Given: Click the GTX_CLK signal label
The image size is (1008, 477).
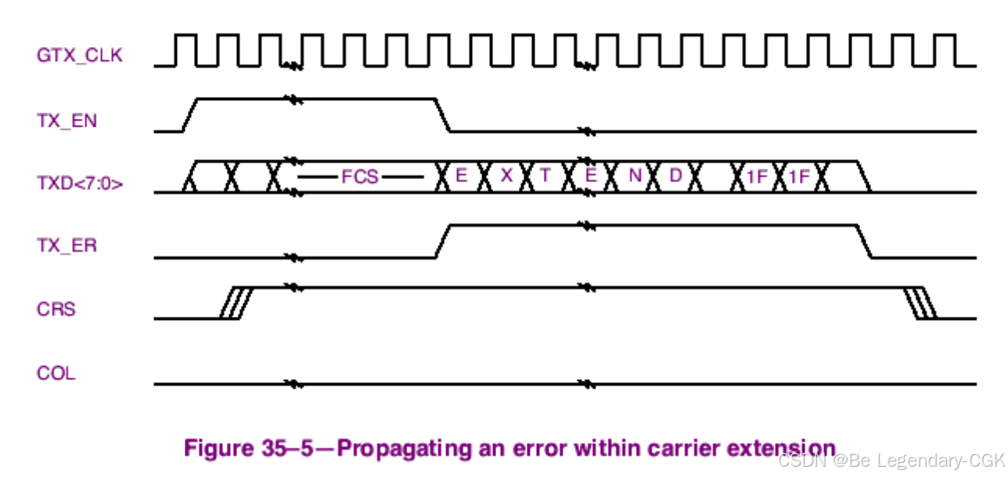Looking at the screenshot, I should (79, 56).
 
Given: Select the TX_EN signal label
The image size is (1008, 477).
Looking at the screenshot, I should (67, 121).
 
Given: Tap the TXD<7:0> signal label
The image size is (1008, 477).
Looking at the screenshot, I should (79, 185).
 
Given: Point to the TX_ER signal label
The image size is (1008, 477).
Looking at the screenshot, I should (67, 246).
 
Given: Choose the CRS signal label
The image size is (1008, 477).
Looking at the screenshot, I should (56, 309).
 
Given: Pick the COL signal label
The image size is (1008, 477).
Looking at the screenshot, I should (56, 373).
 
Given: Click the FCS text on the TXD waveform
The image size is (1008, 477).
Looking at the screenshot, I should (360, 177).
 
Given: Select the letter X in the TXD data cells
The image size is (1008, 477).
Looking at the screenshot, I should (506, 176).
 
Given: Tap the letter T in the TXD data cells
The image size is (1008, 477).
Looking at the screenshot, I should (545, 176).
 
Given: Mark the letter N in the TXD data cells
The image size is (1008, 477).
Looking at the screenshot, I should (635, 176).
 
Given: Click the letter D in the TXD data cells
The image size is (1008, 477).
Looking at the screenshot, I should (675, 176).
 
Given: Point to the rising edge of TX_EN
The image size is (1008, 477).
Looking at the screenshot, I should (189, 115).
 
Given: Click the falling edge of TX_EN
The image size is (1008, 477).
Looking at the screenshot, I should (444, 115).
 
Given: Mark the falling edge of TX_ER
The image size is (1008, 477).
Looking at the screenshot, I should (865, 241).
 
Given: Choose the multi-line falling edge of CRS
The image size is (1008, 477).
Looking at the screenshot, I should (921, 303).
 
